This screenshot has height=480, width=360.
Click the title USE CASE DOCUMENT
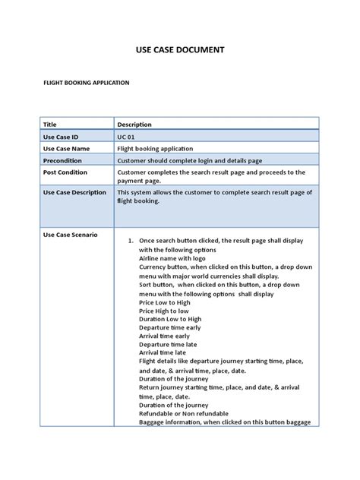179,51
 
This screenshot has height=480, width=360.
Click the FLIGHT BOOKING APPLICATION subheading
85,83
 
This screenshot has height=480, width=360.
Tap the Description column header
134,124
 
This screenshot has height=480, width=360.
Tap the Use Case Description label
74,192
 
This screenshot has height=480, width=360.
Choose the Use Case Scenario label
70,235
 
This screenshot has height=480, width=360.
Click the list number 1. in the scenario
131,240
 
